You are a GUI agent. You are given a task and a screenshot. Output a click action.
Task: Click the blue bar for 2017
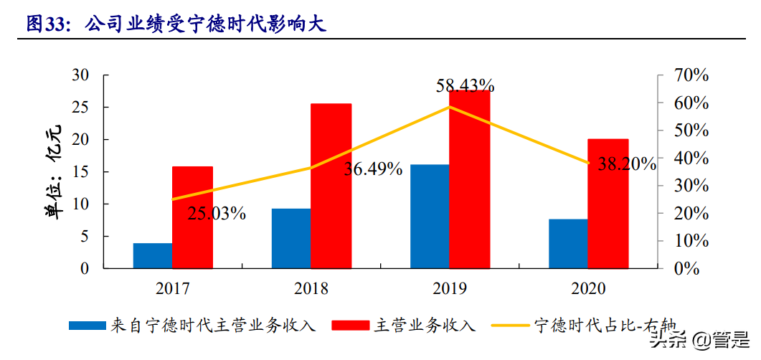152,255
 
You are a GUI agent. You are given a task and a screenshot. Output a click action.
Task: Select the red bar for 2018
331,186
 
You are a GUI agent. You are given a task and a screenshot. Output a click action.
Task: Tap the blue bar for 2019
429,216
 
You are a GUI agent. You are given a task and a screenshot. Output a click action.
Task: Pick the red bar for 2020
608,203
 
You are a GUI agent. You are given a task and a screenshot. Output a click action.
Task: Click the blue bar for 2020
568,243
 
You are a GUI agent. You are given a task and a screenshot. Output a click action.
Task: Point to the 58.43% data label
465,86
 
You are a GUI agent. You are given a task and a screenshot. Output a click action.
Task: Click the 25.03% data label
217,213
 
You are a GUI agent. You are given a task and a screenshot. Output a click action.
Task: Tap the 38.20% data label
626,164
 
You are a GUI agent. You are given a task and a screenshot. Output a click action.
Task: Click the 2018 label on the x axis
311,289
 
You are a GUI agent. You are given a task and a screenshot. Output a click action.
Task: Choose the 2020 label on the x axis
588,289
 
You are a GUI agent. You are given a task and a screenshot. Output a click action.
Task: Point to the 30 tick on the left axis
80,75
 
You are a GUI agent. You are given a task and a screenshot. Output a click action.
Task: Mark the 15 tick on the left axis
80,172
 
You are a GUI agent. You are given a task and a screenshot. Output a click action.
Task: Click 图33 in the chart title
45,24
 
